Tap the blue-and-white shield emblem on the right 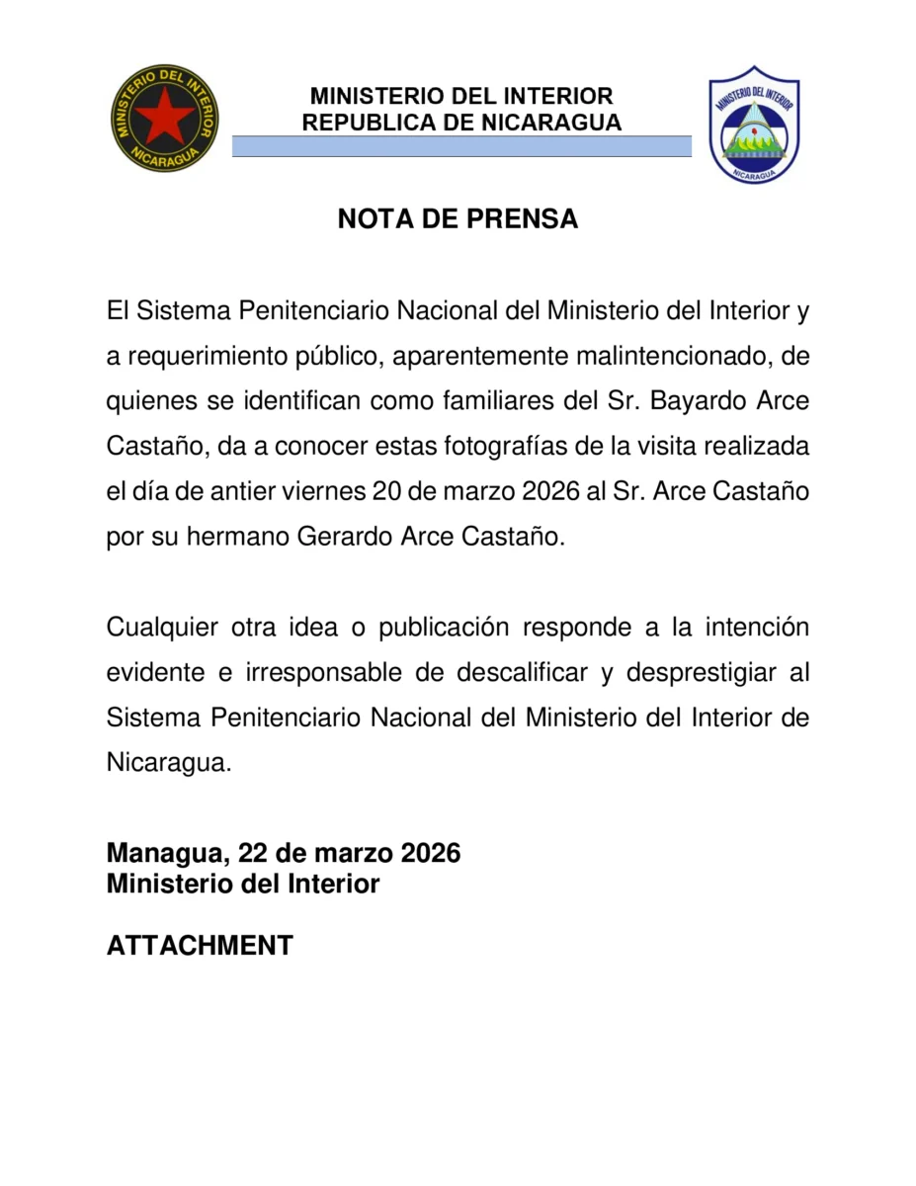[x=754, y=124]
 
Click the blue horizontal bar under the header [x=461, y=146]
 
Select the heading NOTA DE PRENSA [x=458, y=219]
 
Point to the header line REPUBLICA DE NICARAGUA [x=461, y=123]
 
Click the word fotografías [x=515, y=446]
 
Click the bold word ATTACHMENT [x=200, y=945]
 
